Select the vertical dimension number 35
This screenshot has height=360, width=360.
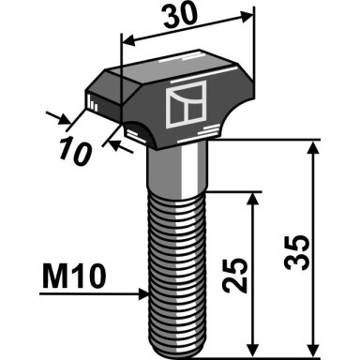[297, 252]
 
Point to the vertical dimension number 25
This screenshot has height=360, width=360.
[235, 275]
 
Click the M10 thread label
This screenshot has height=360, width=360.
[74, 276]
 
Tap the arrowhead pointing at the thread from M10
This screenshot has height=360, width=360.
[143, 294]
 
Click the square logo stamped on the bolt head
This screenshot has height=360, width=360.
[187, 104]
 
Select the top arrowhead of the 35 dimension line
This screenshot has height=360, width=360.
[313, 147]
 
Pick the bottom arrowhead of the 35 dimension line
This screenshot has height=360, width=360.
[313, 350]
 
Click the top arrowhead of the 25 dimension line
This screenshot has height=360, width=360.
[253, 199]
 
